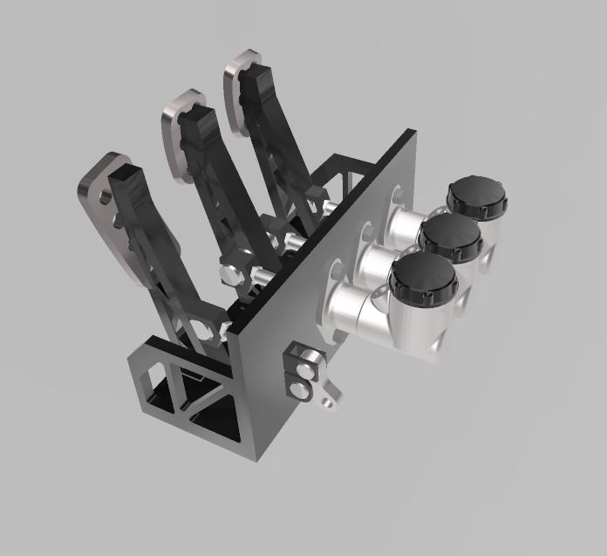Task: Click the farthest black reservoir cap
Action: click(x=476, y=198)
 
